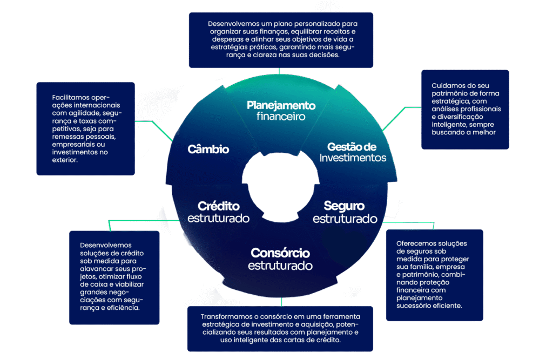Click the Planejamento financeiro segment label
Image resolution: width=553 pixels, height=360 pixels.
pos(281,111)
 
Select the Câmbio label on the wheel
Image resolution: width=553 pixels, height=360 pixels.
pos(208,150)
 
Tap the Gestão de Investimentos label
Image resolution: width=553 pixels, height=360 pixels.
pos(352,152)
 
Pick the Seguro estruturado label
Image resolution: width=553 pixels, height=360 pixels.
pos(345,212)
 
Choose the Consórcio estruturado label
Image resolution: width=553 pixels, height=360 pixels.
pos(280,259)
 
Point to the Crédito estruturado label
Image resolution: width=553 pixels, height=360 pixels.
pos(218,212)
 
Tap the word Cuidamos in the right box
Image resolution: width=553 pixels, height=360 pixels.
pos(447,85)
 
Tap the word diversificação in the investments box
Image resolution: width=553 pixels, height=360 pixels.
pos(461,117)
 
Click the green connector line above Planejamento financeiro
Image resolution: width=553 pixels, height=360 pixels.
pos(279,71)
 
